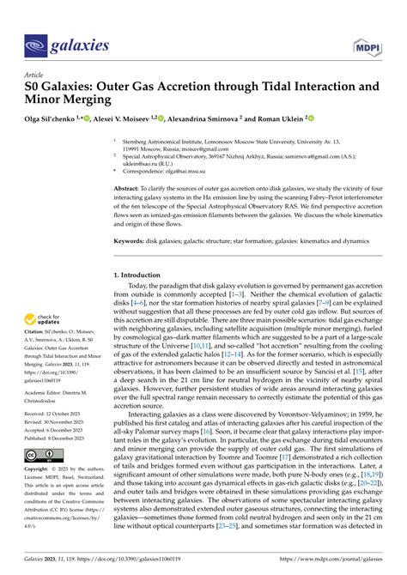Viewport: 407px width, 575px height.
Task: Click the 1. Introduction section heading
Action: click(x=146, y=275)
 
